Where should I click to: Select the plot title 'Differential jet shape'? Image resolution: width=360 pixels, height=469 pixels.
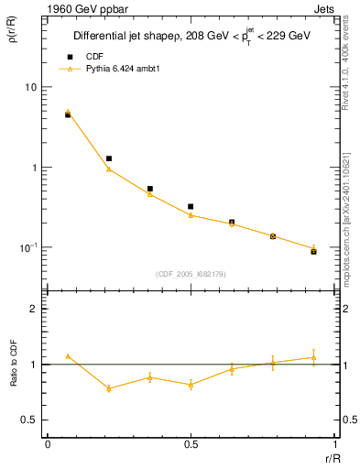click(x=123, y=37)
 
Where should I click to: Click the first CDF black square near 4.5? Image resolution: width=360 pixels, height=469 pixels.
click(x=68, y=115)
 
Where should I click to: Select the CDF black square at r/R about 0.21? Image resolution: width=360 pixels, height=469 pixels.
click(x=109, y=158)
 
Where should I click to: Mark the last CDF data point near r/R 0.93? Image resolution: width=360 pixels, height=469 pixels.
click(x=313, y=251)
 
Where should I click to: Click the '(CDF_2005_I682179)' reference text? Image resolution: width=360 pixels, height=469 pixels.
click(x=191, y=273)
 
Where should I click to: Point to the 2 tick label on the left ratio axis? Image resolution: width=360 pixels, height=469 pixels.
click(x=33, y=310)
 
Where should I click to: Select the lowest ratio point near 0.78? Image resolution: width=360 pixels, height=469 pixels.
click(x=109, y=388)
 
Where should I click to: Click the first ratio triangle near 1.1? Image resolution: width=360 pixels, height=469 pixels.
click(x=68, y=356)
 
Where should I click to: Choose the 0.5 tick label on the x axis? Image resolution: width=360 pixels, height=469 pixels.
click(x=191, y=444)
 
